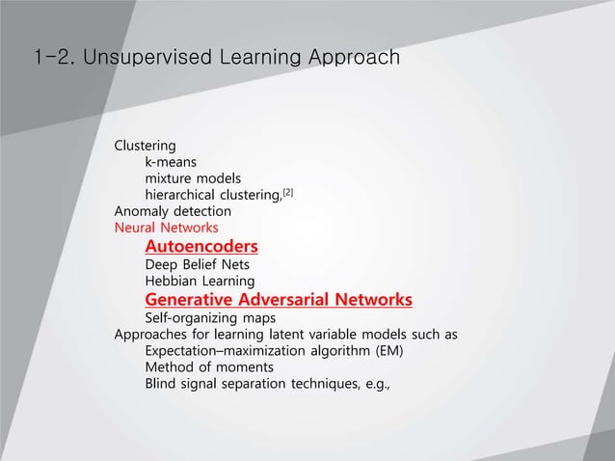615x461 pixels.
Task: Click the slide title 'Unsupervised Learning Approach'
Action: pos(241,60)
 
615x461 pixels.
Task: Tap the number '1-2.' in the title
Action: pos(54,60)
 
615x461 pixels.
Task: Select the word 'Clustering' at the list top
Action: pos(145,147)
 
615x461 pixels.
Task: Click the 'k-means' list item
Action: pos(174,163)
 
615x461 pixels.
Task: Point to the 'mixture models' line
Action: pos(193,178)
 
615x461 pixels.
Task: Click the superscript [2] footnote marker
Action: pos(287,192)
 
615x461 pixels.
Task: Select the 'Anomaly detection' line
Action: pos(173,211)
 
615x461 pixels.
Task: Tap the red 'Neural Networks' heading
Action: pos(166,229)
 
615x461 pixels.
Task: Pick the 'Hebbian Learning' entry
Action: pos(200,281)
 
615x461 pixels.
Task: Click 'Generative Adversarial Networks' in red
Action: pos(279,299)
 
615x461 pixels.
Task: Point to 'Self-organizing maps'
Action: pos(210,317)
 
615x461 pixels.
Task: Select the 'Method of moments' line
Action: pos(208,367)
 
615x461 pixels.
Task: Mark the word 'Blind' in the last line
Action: pos(162,384)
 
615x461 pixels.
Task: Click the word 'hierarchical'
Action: pos(184,195)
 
